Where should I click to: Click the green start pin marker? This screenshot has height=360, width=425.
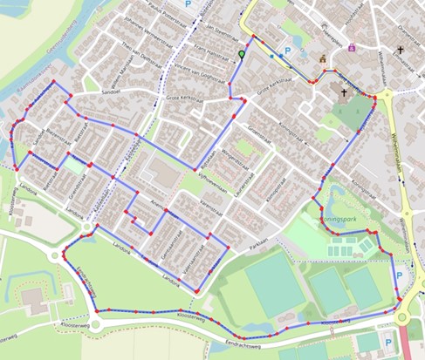pos(242,56)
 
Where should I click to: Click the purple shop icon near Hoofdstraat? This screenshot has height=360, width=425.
pos(352,48)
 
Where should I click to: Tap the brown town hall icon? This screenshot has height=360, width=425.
pos(322,59)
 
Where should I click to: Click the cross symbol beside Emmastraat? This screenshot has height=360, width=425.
pos(401,50)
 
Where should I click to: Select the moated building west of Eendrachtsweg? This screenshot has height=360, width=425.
pos(38,302)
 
